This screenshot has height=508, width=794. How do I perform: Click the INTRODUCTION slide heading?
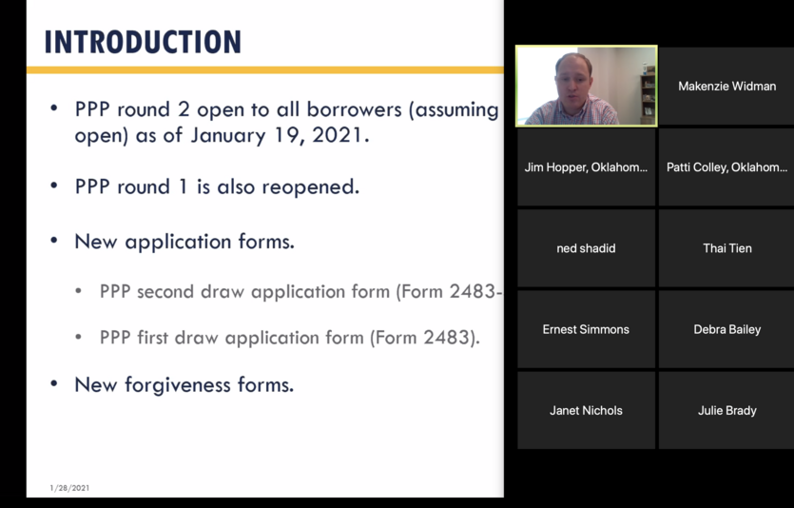(143, 42)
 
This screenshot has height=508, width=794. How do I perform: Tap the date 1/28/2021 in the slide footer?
(69, 488)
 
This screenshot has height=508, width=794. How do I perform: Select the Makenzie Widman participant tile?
(726, 87)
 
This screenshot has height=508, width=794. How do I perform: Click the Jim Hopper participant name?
(586, 167)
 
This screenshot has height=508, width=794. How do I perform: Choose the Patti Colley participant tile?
(726, 167)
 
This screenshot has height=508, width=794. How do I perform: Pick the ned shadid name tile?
(586, 248)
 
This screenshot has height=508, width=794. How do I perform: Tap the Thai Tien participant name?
(726, 248)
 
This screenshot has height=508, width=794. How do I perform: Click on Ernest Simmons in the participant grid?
(586, 329)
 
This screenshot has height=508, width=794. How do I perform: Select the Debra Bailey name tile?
(726, 329)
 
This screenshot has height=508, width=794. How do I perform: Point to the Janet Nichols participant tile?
(586, 410)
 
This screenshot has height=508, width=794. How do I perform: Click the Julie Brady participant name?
(726, 410)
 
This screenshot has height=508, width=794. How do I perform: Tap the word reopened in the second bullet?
(310, 186)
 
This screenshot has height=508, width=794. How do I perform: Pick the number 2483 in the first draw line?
(447, 338)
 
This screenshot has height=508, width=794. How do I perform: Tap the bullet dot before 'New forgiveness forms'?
(54, 384)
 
